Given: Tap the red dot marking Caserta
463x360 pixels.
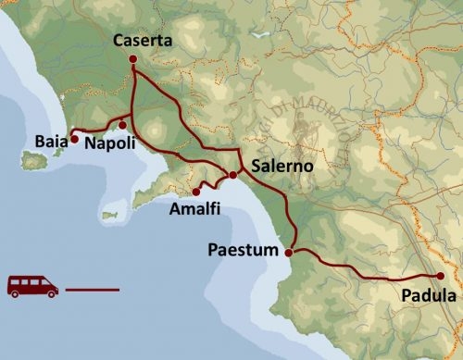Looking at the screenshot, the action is tap(132, 59).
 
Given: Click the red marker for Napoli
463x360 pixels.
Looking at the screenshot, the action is tap(122, 125).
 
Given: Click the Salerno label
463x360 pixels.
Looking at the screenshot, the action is tap(282, 167).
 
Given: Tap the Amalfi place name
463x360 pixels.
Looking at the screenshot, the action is tap(195, 210).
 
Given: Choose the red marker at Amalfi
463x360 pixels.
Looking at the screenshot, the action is tap(196, 192).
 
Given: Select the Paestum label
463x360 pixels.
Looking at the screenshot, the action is tap(243, 251).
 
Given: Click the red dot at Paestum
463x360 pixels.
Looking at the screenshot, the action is tap(289, 252).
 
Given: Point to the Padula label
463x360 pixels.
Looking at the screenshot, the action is tap(430, 296).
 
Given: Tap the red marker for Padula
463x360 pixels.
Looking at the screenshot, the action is tap(441, 277).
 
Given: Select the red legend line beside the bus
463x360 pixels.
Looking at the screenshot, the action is tap(93, 290).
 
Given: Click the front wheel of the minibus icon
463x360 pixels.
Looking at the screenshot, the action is tap(47, 294).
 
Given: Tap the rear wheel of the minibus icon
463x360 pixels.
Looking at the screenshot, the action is tap(19, 294).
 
